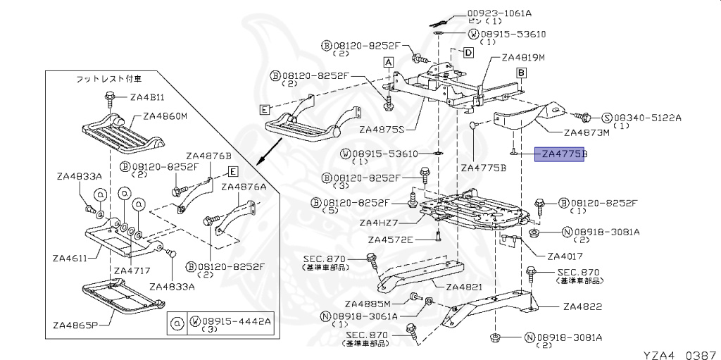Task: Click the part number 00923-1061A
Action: [499, 13]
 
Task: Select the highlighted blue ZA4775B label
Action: [560, 154]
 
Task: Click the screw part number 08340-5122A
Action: [646, 118]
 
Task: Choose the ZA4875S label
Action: [381, 130]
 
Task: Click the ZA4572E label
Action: [390, 240]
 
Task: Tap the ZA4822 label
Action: [582, 306]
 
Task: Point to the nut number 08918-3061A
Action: [365, 316]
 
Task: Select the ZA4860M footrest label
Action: [165, 117]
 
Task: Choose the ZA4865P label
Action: [76, 325]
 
